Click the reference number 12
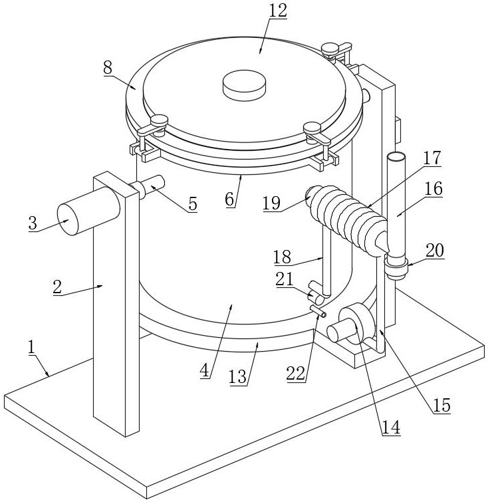pyautogui.click(x=278, y=11)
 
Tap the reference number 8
pyautogui.click(x=108, y=68)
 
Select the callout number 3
pyautogui.click(x=33, y=223)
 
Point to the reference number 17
pyautogui.click(x=432, y=158)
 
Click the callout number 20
pyautogui.click(x=435, y=251)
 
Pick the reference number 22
pyautogui.click(x=296, y=373)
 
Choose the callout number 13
pyautogui.click(x=238, y=377)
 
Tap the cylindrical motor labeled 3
pyautogui.click(x=88, y=211)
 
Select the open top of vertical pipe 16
pyautogui.click(x=396, y=156)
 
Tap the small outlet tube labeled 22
pyautogui.click(x=318, y=311)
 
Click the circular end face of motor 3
pyautogui.click(x=68, y=219)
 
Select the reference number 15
pyautogui.click(x=441, y=406)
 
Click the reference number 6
pyautogui.click(x=230, y=199)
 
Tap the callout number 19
pyautogui.click(x=271, y=203)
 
